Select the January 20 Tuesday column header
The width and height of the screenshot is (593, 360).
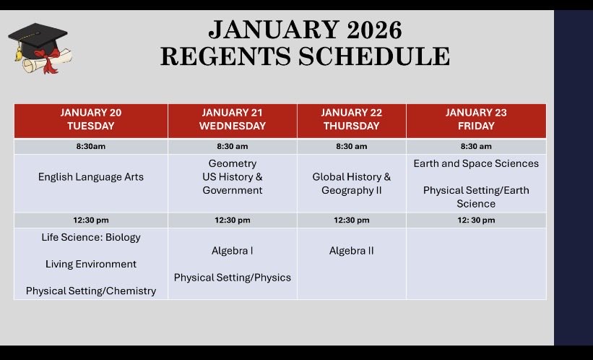(91, 119)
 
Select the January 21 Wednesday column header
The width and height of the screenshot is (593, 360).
(232, 119)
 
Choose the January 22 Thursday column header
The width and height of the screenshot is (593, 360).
(351, 119)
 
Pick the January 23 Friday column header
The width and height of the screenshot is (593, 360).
(476, 119)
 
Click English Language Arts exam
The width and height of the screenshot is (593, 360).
(91, 176)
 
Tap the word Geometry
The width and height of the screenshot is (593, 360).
(232, 163)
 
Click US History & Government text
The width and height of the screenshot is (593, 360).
(232, 184)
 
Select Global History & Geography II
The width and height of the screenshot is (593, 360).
(351, 184)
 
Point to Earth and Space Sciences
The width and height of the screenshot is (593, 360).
(476, 163)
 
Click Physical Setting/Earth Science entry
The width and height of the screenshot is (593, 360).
(476, 197)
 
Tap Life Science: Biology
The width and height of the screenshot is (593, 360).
(91, 237)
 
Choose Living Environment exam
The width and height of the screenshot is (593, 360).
(91, 264)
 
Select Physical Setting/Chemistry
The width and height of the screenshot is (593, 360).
(91, 291)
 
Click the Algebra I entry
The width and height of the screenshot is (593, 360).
(232, 251)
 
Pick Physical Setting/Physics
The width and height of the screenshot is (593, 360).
(232, 278)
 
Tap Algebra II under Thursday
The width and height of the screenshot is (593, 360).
(351, 251)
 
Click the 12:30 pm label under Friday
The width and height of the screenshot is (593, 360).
(476, 220)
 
